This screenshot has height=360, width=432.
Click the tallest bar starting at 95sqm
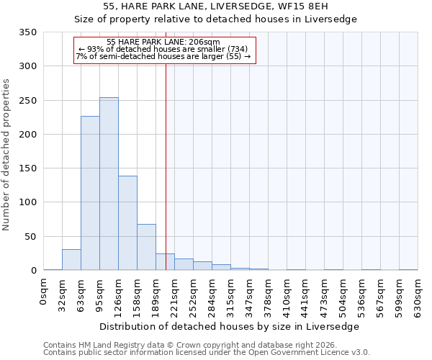tap(109, 184)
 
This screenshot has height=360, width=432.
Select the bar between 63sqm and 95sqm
tap(90, 193)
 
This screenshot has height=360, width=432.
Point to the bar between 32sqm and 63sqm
tap(71, 260)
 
